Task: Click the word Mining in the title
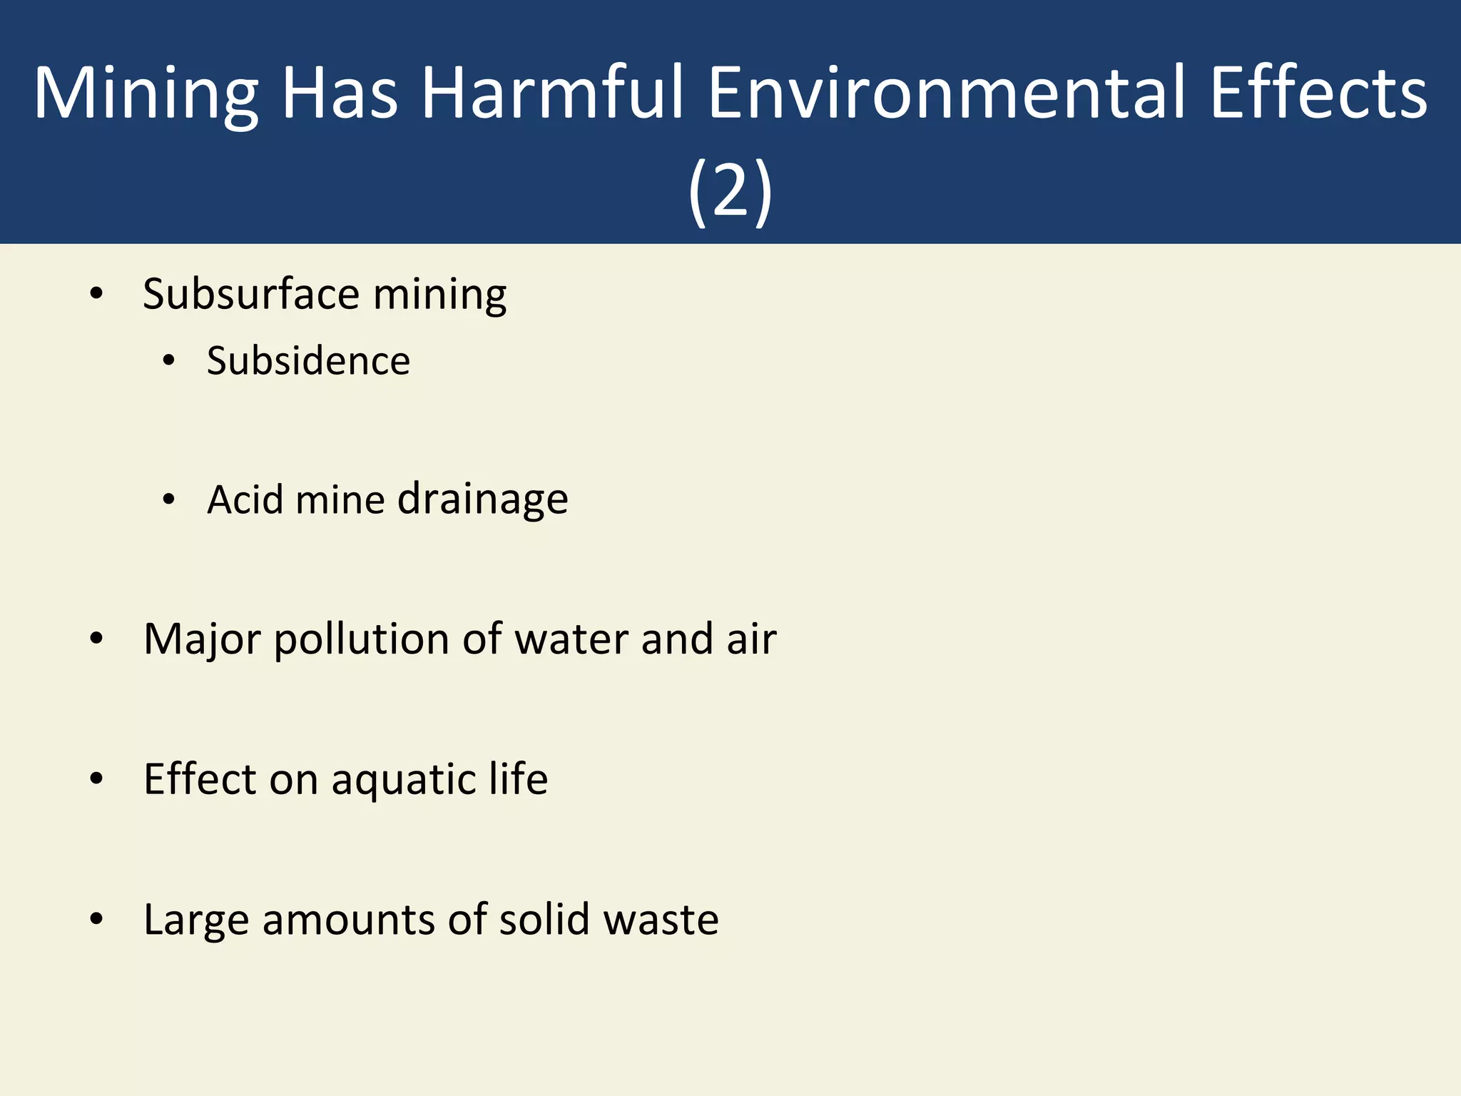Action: (146, 94)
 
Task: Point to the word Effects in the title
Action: (1318, 93)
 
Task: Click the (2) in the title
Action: (730, 191)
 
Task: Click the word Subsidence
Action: (308, 360)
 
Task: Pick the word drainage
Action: (482, 499)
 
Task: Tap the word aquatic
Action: (404, 779)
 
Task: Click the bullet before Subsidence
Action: (168, 361)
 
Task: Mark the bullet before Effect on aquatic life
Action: (97, 778)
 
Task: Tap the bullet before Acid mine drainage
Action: (168, 499)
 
